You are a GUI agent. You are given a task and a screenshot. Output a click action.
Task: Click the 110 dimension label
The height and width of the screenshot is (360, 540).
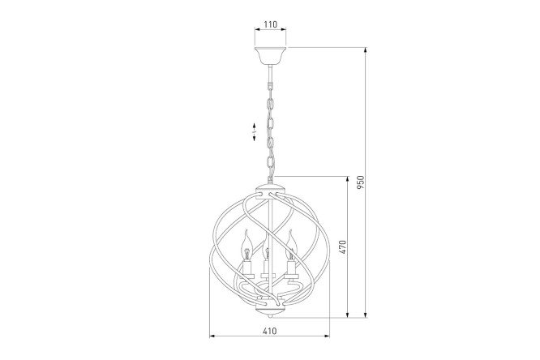click(270, 24)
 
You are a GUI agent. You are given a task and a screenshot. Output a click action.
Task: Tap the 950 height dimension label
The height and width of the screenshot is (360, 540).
click(360, 182)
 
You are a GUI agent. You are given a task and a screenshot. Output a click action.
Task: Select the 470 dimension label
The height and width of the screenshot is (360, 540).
click(342, 247)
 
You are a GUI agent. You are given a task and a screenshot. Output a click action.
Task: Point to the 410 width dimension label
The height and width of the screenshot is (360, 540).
click(270, 331)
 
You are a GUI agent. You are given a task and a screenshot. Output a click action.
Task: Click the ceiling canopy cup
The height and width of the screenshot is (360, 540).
click(270, 55)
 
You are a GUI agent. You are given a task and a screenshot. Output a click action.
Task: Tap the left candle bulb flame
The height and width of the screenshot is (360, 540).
click(247, 245)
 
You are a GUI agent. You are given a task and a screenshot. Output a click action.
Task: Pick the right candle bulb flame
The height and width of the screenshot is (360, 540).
click(291, 245)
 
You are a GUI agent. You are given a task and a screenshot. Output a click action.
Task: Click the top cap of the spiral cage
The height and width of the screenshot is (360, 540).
click(270, 191)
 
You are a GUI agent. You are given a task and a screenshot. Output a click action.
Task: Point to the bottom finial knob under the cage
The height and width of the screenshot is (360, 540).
click(271, 315)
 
